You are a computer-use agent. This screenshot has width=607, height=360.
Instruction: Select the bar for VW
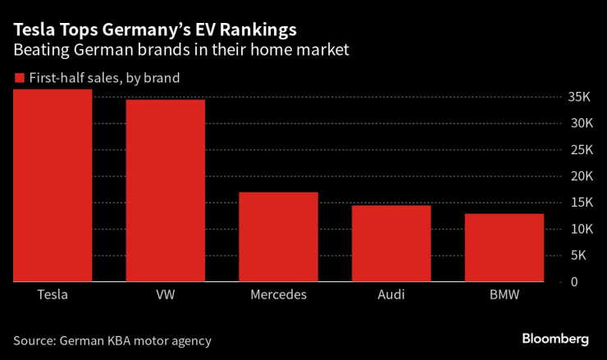click(165, 190)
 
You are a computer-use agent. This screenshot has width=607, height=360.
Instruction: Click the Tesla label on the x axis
click(52, 294)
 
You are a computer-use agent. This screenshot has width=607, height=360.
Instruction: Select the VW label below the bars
click(165, 294)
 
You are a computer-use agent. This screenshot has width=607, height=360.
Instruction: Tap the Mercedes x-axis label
click(278, 294)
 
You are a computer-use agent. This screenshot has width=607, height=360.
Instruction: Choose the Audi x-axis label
click(391, 294)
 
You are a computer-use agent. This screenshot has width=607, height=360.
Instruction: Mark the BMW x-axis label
click(504, 294)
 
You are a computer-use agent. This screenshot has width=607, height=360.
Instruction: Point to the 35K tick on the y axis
click(579, 97)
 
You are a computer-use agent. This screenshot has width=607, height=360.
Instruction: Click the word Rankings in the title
click(258, 30)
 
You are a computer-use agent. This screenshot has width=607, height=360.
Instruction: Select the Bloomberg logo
click(555, 339)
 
